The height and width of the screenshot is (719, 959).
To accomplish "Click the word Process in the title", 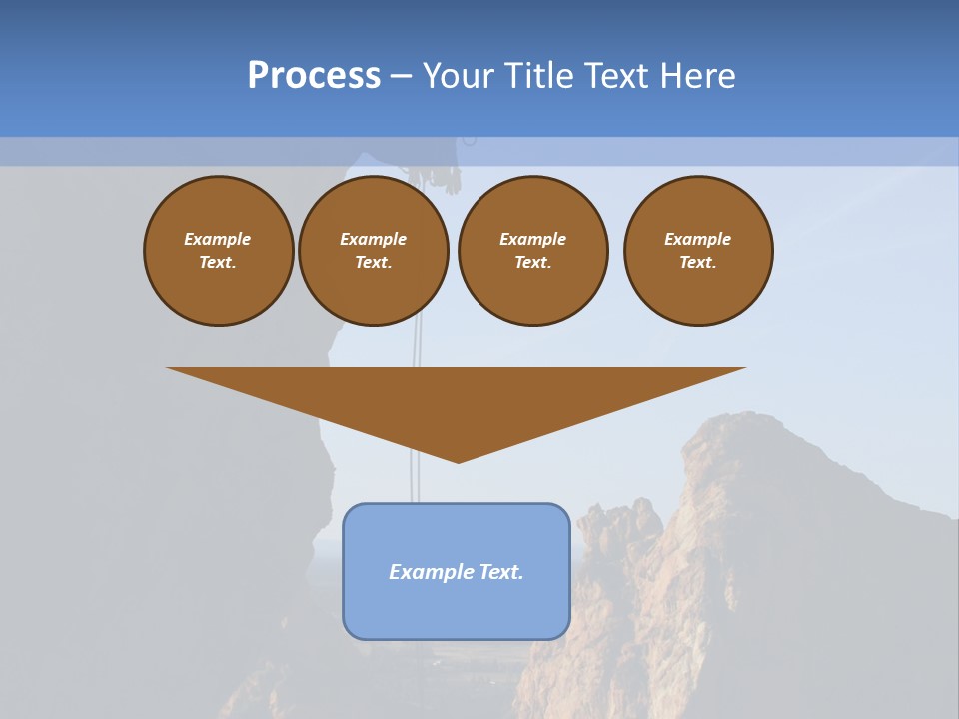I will pyautogui.click(x=314, y=76).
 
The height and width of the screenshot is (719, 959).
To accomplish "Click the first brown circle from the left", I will pyautogui.click(x=219, y=251).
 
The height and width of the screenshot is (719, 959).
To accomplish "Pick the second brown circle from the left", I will pyautogui.click(x=374, y=251).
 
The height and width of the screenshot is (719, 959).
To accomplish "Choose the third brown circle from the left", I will pyautogui.click(x=533, y=251).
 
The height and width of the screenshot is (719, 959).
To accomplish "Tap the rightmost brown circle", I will pyautogui.click(x=698, y=251).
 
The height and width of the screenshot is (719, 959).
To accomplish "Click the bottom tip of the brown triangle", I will pyautogui.click(x=458, y=461).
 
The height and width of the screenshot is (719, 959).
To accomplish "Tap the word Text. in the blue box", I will pyautogui.click(x=501, y=572).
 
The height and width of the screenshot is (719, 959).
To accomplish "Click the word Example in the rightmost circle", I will pyautogui.click(x=698, y=239).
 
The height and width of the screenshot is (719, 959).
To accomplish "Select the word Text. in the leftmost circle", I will pyautogui.click(x=218, y=263).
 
